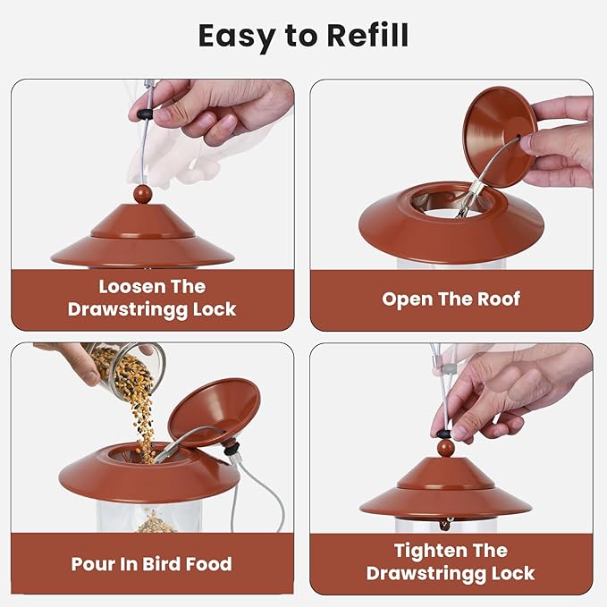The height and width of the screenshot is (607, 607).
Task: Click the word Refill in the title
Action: pyautogui.click(x=367, y=36)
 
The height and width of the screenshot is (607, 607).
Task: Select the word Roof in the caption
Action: pyautogui.click(x=499, y=299)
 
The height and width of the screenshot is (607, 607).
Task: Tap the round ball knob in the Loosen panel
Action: pyautogui.click(x=142, y=194)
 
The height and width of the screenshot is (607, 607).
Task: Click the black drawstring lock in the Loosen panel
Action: pyautogui.click(x=145, y=114)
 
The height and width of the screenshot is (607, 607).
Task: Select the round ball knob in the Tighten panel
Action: pyautogui.click(x=445, y=448)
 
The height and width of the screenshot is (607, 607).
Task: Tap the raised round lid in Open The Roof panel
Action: pyautogui.click(x=500, y=136)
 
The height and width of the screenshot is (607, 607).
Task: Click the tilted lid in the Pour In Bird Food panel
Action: pyautogui.click(x=213, y=412)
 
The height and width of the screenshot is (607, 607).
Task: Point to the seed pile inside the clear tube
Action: pyautogui.click(x=156, y=523)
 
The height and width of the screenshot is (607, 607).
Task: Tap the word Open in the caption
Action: pyautogui.click(x=406, y=300)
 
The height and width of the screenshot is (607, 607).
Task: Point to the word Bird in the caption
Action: pyautogui.click(x=161, y=564)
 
